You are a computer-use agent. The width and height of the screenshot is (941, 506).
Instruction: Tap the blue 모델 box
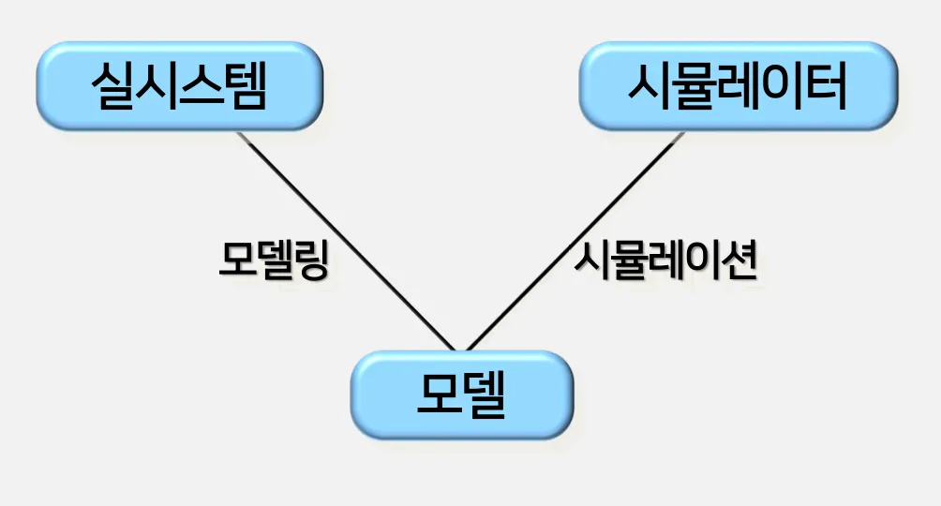tap(460, 394)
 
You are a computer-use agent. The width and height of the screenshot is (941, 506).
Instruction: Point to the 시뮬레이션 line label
tap(665, 260)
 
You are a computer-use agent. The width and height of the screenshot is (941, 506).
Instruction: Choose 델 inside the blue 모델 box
tap(484, 394)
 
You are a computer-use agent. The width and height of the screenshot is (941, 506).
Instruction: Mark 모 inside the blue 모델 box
tap(437, 394)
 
